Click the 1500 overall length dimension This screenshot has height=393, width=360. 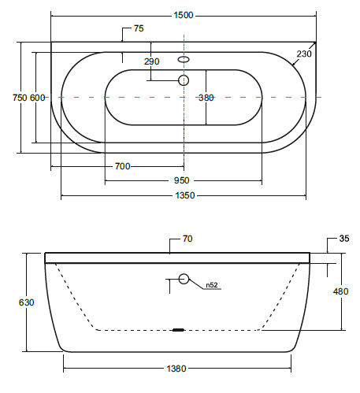pos(184,15)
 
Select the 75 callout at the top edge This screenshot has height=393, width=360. pos(139,28)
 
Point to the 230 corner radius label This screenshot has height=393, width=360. pos(304,54)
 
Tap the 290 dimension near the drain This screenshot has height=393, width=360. pos(151,61)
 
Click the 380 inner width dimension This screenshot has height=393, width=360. pos(206,98)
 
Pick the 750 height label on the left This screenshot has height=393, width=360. pos(20,98)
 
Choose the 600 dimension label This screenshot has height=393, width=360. pos(37,98)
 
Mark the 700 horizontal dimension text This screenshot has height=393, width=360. pos(123,166)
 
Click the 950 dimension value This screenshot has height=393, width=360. pos(181,180)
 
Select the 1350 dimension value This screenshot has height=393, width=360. pos(185,195)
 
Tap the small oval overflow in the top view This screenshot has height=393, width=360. pos(184,60)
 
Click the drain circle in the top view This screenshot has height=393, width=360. pos(184,80)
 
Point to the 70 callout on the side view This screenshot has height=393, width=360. pos(187,239)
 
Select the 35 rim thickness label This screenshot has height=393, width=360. pos(344,239)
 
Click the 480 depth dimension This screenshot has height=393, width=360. pos(340,291)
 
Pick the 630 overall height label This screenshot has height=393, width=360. pos(26,302)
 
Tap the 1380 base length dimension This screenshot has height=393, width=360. pos(176,369)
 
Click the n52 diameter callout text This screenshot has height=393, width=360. pos(212,285)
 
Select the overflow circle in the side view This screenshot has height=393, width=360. pos(184,279)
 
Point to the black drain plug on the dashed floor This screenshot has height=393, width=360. pos(179,330)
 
